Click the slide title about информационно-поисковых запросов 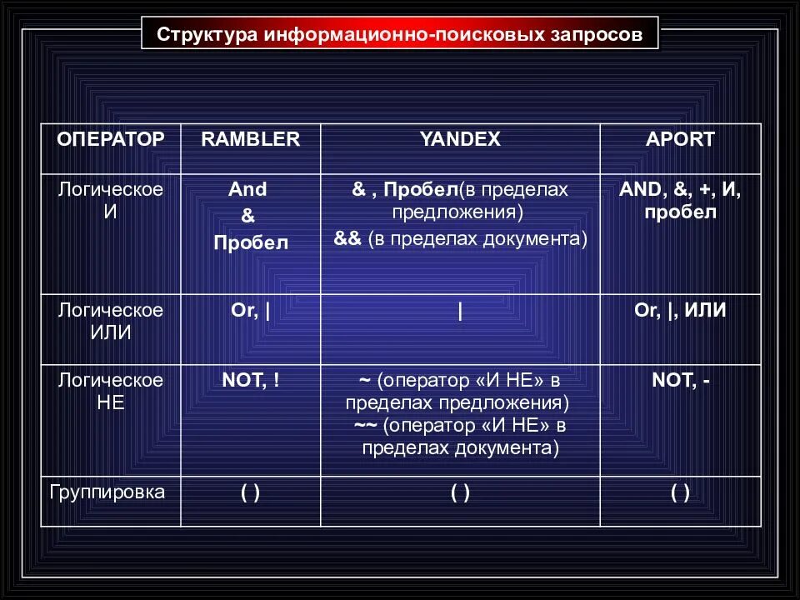(x=400, y=36)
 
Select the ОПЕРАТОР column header (x=111, y=139)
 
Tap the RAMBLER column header (x=250, y=139)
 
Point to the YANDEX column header (x=460, y=139)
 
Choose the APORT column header (x=680, y=139)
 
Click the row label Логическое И (x=111, y=200)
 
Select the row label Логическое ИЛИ (x=111, y=321)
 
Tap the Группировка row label (x=107, y=492)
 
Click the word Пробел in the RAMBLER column (x=250, y=243)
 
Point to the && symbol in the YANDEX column (x=347, y=239)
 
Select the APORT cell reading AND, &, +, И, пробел (x=680, y=200)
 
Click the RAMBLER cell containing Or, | (x=250, y=311)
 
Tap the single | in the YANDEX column (x=460, y=312)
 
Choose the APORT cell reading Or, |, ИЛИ (x=680, y=311)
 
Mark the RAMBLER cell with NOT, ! (x=250, y=381)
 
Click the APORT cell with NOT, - (x=680, y=381)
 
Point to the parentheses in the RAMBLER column (x=250, y=492)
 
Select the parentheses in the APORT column (x=680, y=492)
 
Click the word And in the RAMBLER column (x=248, y=189)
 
